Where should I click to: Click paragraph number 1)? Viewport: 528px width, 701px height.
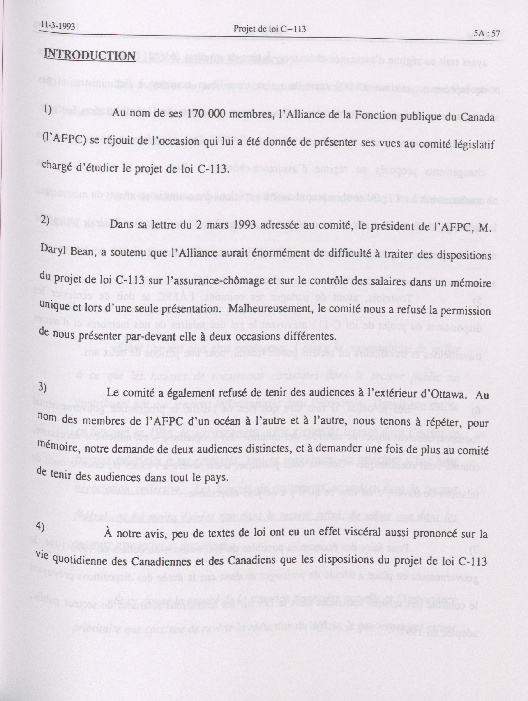coord(48,109)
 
